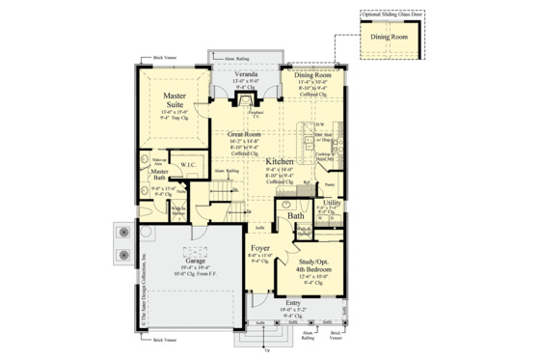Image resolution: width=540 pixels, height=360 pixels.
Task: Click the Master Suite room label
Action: pos(175,100)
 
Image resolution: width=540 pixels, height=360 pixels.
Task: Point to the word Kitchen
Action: pos(281,161)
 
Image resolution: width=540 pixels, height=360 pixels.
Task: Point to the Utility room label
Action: pos(332,203)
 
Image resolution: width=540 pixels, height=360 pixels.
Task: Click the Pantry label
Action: pos(330,183)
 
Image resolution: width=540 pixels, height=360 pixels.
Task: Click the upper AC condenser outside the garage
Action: pos(123,233)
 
